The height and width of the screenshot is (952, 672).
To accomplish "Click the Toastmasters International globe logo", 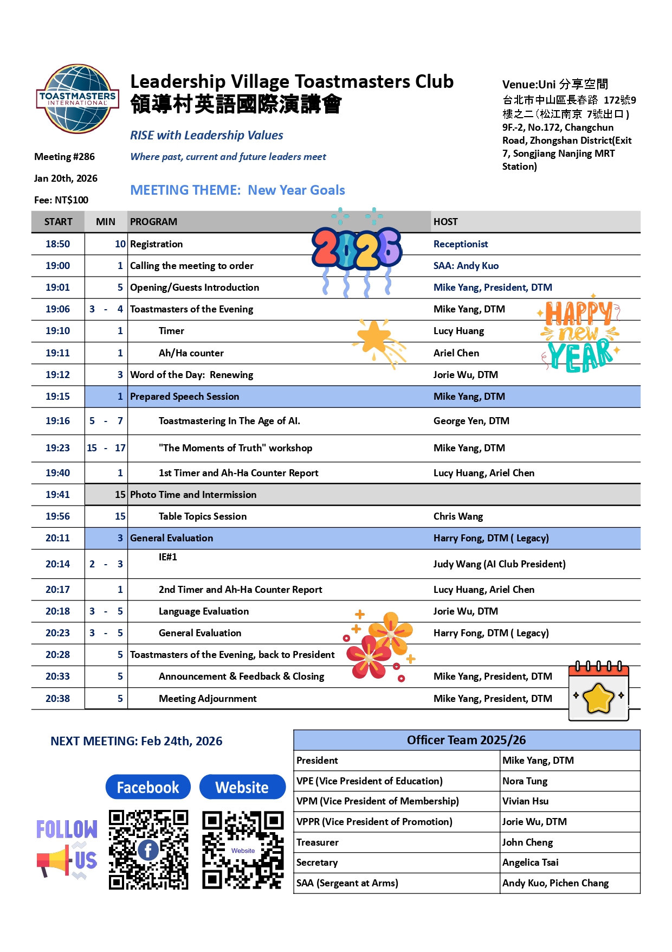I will click(x=77, y=99).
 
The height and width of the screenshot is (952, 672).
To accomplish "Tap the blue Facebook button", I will click(x=148, y=787).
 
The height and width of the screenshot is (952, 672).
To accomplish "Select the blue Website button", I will click(x=242, y=787).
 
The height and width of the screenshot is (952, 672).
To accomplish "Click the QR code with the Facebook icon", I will click(x=148, y=850).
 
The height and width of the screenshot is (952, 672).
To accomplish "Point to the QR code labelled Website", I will click(x=243, y=850).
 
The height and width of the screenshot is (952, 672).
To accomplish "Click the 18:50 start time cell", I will click(x=57, y=244).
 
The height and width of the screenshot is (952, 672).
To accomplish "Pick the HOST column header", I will click(x=445, y=222).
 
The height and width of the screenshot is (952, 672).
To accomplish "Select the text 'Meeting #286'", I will click(x=64, y=157).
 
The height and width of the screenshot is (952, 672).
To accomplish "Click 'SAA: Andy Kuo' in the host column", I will click(x=466, y=266).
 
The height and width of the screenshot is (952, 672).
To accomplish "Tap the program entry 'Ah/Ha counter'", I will click(x=191, y=353).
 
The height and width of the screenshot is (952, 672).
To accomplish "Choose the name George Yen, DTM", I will click(x=471, y=421).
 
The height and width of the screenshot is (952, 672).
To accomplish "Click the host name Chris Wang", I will click(x=458, y=516).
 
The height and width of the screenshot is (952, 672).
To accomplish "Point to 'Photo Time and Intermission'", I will click(x=193, y=495).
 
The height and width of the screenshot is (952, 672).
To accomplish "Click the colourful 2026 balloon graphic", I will click(x=357, y=251).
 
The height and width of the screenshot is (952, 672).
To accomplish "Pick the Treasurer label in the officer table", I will click(x=317, y=842).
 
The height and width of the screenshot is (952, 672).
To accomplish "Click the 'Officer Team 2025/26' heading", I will click(x=466, y=740).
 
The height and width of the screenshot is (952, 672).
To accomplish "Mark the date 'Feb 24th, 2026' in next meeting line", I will click(x=182, y=742).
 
